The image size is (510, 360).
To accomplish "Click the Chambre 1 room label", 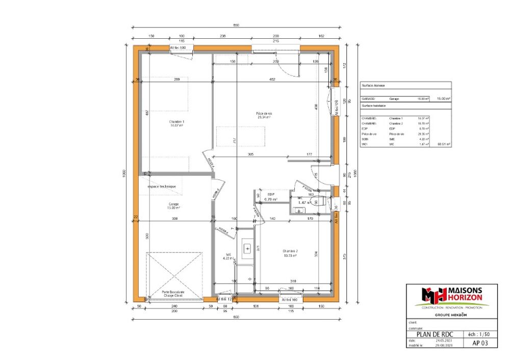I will [176, 122].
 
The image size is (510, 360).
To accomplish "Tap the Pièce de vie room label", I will [264, 114].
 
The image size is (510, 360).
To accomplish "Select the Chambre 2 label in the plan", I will [290, 251].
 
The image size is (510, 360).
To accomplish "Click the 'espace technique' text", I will [162, 187].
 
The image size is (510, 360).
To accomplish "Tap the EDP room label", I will [271, 195].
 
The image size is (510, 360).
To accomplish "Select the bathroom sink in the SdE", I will [247, 249].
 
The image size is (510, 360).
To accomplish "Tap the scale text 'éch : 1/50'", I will [479, 334].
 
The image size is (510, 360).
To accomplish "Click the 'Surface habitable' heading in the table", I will [374, 106].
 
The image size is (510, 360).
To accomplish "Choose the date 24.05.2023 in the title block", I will [440, 341].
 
